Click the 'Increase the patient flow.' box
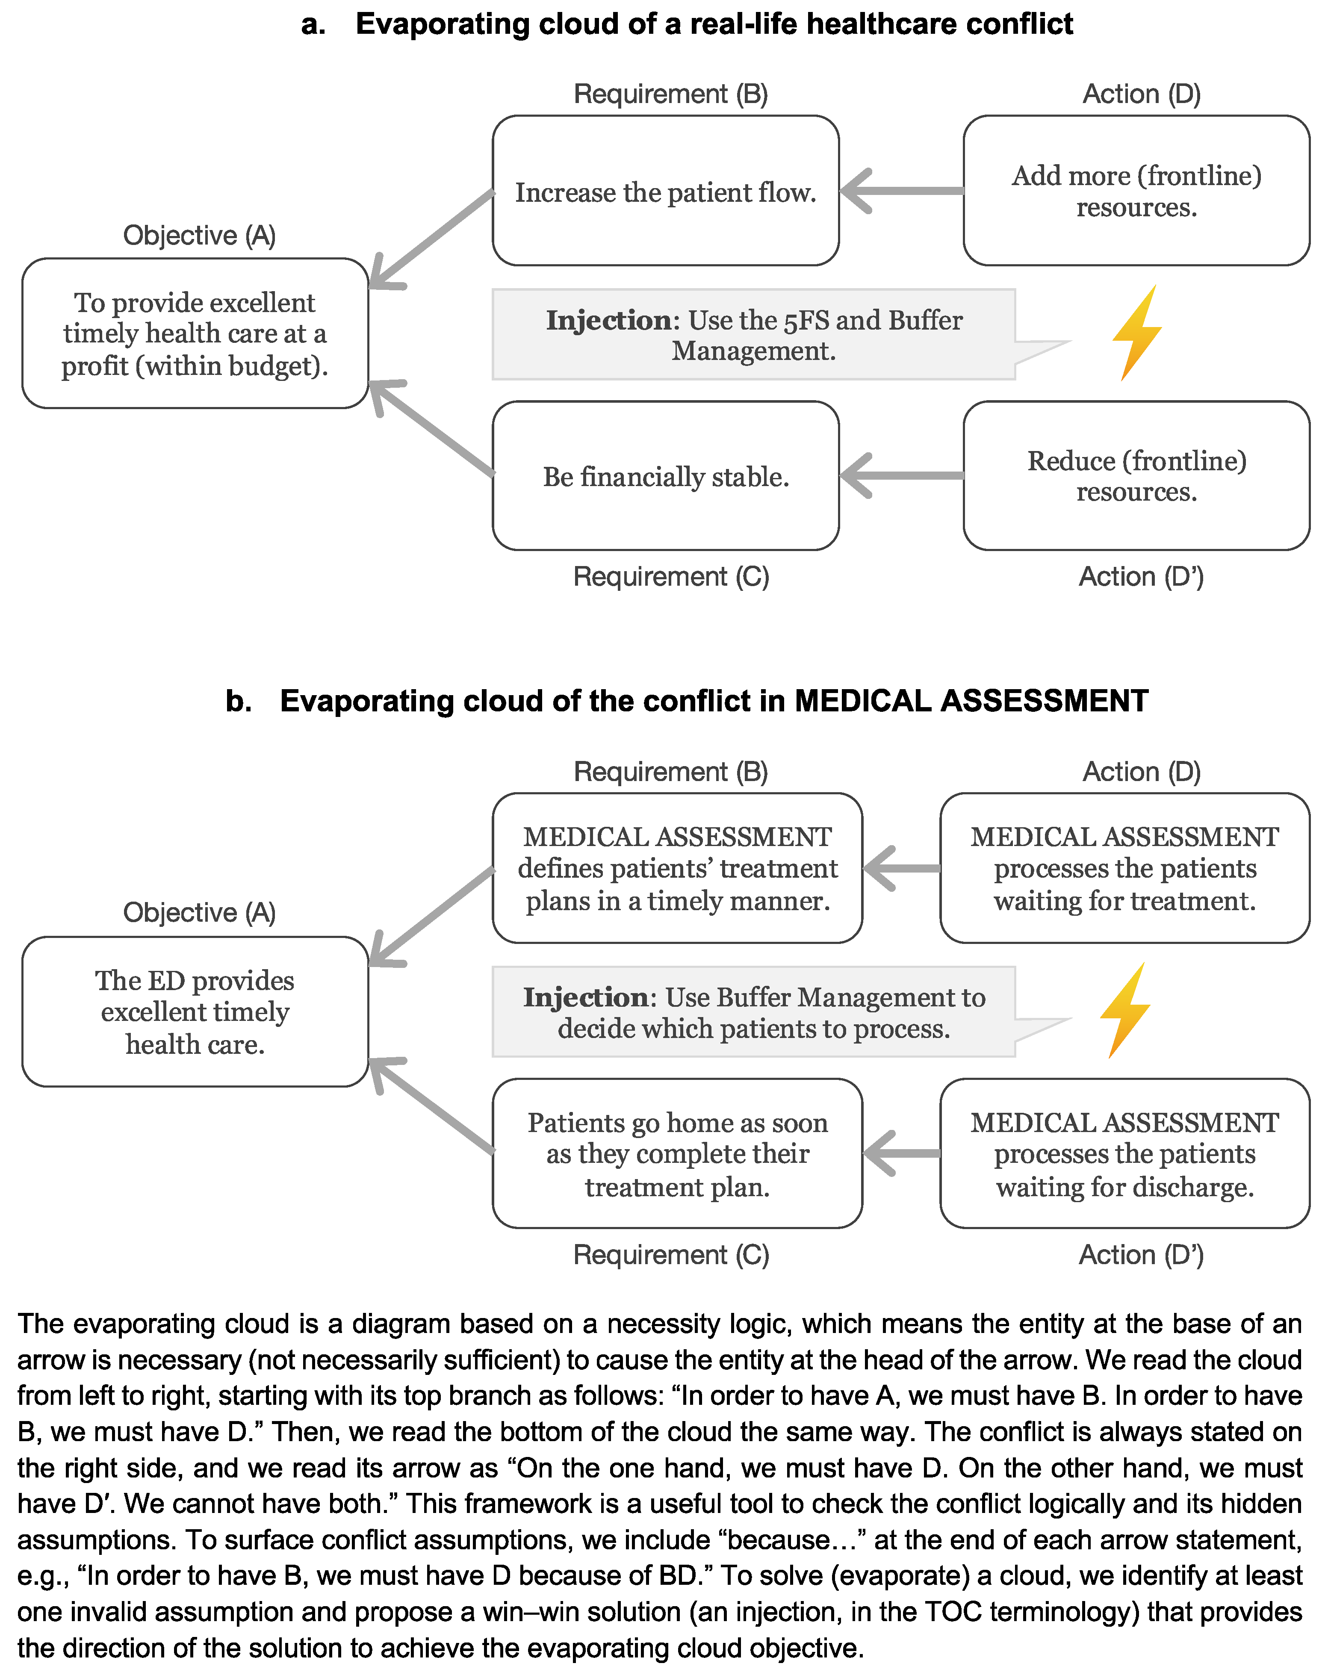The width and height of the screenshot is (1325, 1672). [666, 191]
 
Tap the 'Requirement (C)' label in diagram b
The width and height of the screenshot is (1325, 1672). [671, 1255]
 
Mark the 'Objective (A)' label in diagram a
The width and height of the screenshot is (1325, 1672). [199, 235]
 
